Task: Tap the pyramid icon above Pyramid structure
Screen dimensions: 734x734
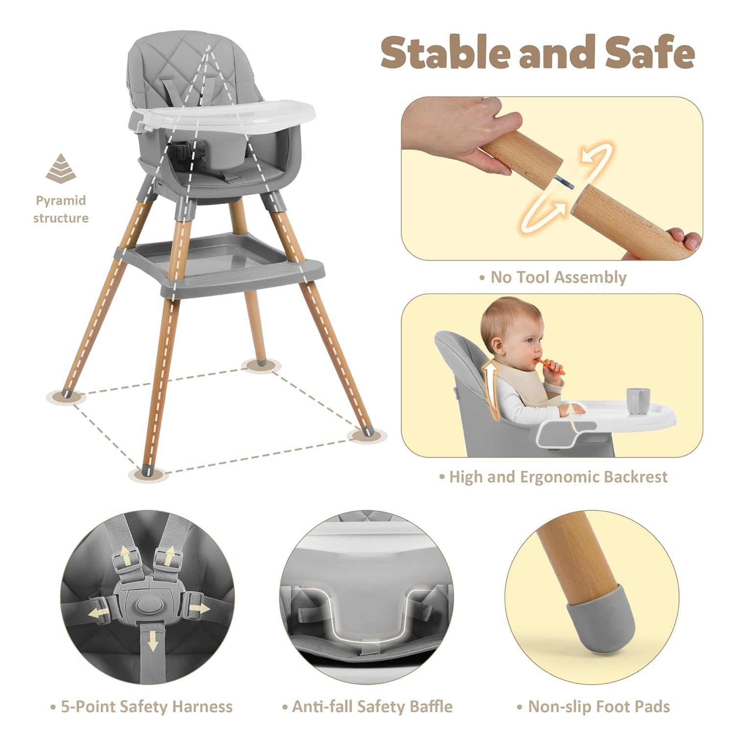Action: click(61, 168)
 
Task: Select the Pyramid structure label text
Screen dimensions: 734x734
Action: click(61, 209)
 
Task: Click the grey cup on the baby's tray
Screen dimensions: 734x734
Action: click(634, 401)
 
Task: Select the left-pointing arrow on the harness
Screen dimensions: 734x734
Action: click(98, 613)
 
